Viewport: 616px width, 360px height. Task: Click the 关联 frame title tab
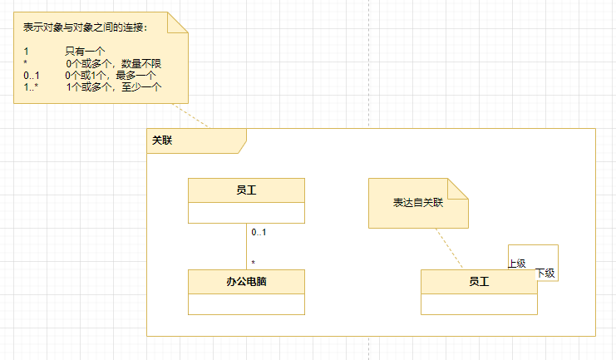[x=163, y=141]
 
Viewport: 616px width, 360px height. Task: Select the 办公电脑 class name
[x=246, y=282]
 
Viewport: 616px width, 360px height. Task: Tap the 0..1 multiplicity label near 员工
[x=259, y=232]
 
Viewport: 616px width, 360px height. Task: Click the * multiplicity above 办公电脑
[x=253, y=263]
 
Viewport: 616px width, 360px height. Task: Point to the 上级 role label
[x=517, y=263]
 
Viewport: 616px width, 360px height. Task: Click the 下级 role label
[x=545, y=273]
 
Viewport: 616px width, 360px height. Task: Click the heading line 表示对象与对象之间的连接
[x=86, y=27]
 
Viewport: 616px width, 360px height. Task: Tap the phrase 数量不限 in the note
[x=141, y=63]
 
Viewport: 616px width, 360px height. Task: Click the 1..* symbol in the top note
[x=32, y=86]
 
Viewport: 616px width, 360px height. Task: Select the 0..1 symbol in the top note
[x=32, y=75]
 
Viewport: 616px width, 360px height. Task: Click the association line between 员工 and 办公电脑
[x=246, y=247]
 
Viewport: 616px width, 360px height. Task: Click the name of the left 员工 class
[x=246, y=190]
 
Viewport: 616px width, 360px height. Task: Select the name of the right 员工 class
[x=479, y=282]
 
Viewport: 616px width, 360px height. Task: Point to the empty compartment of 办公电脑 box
[x=246, y=304]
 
